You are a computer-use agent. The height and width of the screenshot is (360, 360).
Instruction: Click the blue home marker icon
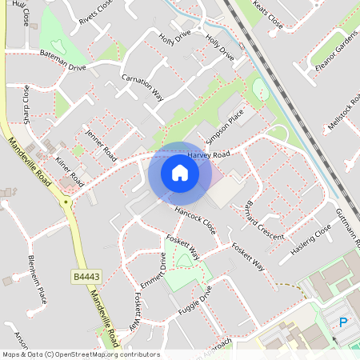(180, 174)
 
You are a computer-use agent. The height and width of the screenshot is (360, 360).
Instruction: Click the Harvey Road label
(209, 154)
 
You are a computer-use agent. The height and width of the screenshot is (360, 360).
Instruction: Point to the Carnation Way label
(142, 87)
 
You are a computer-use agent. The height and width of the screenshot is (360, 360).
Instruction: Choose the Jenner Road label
(101, 143)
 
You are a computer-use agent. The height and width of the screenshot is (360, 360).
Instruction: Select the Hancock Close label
(195, 221)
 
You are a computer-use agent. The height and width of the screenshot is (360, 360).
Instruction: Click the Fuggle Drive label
(195, 305)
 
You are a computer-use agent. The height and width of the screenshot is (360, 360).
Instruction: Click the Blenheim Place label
(38, 279)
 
